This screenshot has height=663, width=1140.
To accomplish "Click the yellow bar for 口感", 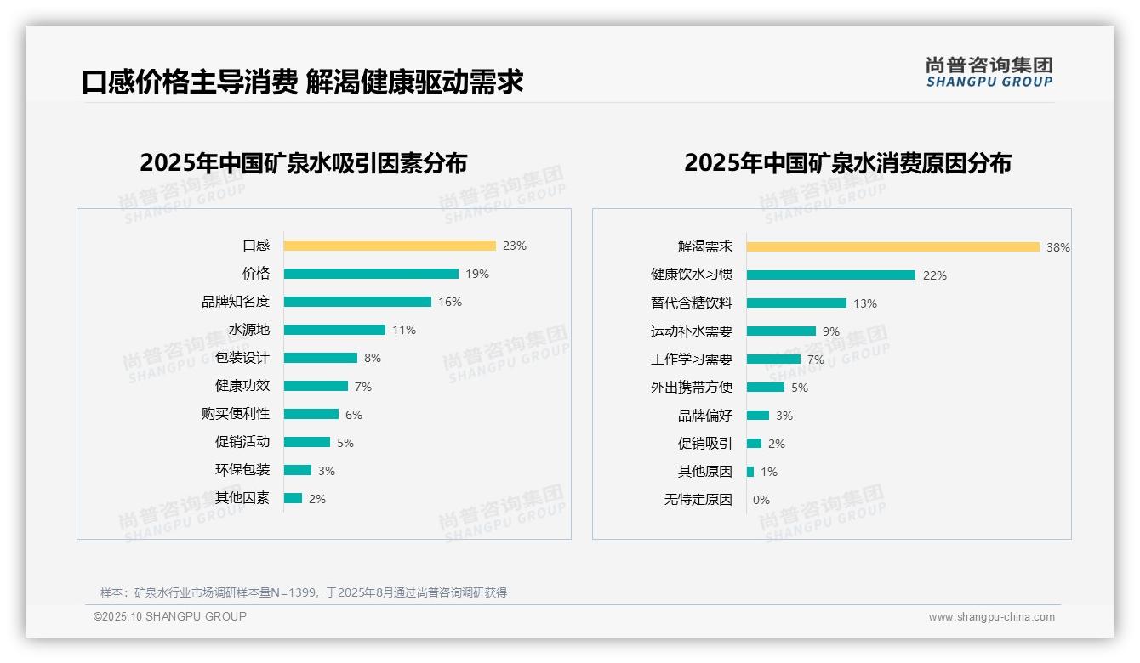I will [389, 246].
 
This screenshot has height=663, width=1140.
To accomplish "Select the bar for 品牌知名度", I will [357, 302].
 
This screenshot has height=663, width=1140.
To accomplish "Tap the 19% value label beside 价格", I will [477, 274].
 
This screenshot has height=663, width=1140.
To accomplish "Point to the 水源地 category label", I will [249, 330].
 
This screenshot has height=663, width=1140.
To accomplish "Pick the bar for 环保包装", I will [298, 470].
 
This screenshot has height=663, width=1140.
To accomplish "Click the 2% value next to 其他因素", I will [317, 499].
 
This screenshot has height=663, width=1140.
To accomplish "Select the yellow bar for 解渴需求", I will [892, 246].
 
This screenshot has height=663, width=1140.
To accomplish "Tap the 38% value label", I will [1058, 247].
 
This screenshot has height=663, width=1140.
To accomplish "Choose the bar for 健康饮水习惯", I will [830, 275].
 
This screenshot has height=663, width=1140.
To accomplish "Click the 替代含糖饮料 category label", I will [692, 303].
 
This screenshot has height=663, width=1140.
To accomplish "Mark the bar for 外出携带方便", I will [766, 388].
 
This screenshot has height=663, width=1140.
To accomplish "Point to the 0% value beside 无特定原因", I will [761, 500].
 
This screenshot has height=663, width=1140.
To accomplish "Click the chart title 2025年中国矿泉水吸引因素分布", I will [304, 163].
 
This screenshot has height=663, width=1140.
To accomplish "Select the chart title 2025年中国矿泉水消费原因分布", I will [847, 163].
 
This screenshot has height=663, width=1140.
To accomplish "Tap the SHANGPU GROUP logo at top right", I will [989, 72].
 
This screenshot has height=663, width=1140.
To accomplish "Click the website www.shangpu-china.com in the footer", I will [991, 617].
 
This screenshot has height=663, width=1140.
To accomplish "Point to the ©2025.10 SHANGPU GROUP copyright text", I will [170, 616].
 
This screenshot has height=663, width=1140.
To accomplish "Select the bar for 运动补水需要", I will [781, 331].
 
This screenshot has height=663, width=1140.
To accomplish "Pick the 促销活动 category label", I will [242, 442].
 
